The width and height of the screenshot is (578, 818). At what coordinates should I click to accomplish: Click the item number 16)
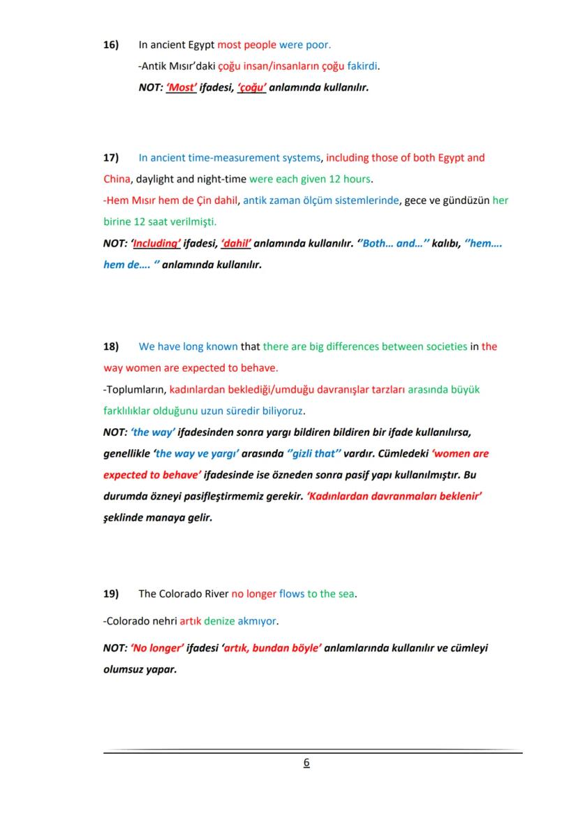[x=110, y=45]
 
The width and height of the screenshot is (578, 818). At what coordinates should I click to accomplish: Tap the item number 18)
[x=110, y=346]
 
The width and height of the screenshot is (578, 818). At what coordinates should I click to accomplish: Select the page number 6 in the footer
[x=306, y=763]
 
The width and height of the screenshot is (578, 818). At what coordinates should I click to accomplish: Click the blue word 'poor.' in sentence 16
[x=318, y=45]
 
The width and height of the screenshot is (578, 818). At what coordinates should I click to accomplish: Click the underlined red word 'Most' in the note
[x=181, y=88]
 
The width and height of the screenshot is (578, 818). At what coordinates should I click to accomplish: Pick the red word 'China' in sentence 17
[x=117, y=179]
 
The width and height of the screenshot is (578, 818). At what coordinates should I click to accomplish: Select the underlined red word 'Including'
[x=156, y=244]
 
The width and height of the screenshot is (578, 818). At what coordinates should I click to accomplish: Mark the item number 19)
[x=110, y=594]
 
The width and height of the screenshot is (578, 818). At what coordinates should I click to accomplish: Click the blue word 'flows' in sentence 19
[x=292, y=594]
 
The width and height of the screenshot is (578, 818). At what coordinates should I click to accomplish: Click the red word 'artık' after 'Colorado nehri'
[x=190, y=621]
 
